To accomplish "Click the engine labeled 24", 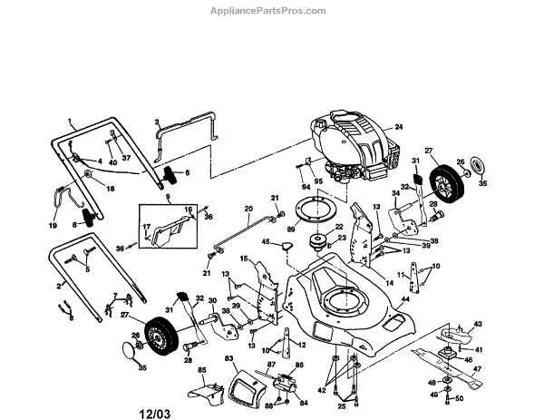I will click(x=349, y=148).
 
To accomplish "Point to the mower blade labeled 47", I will click(x=453, y=357).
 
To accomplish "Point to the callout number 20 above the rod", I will click(x=248, y=210).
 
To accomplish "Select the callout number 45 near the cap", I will click(x=267, y=241).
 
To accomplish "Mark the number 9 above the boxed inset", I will click(x=166, y=196).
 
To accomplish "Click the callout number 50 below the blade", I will click(x=459, y=397).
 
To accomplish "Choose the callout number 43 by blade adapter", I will click(x=479, y=324).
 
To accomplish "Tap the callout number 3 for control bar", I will click(x=156, y=122).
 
